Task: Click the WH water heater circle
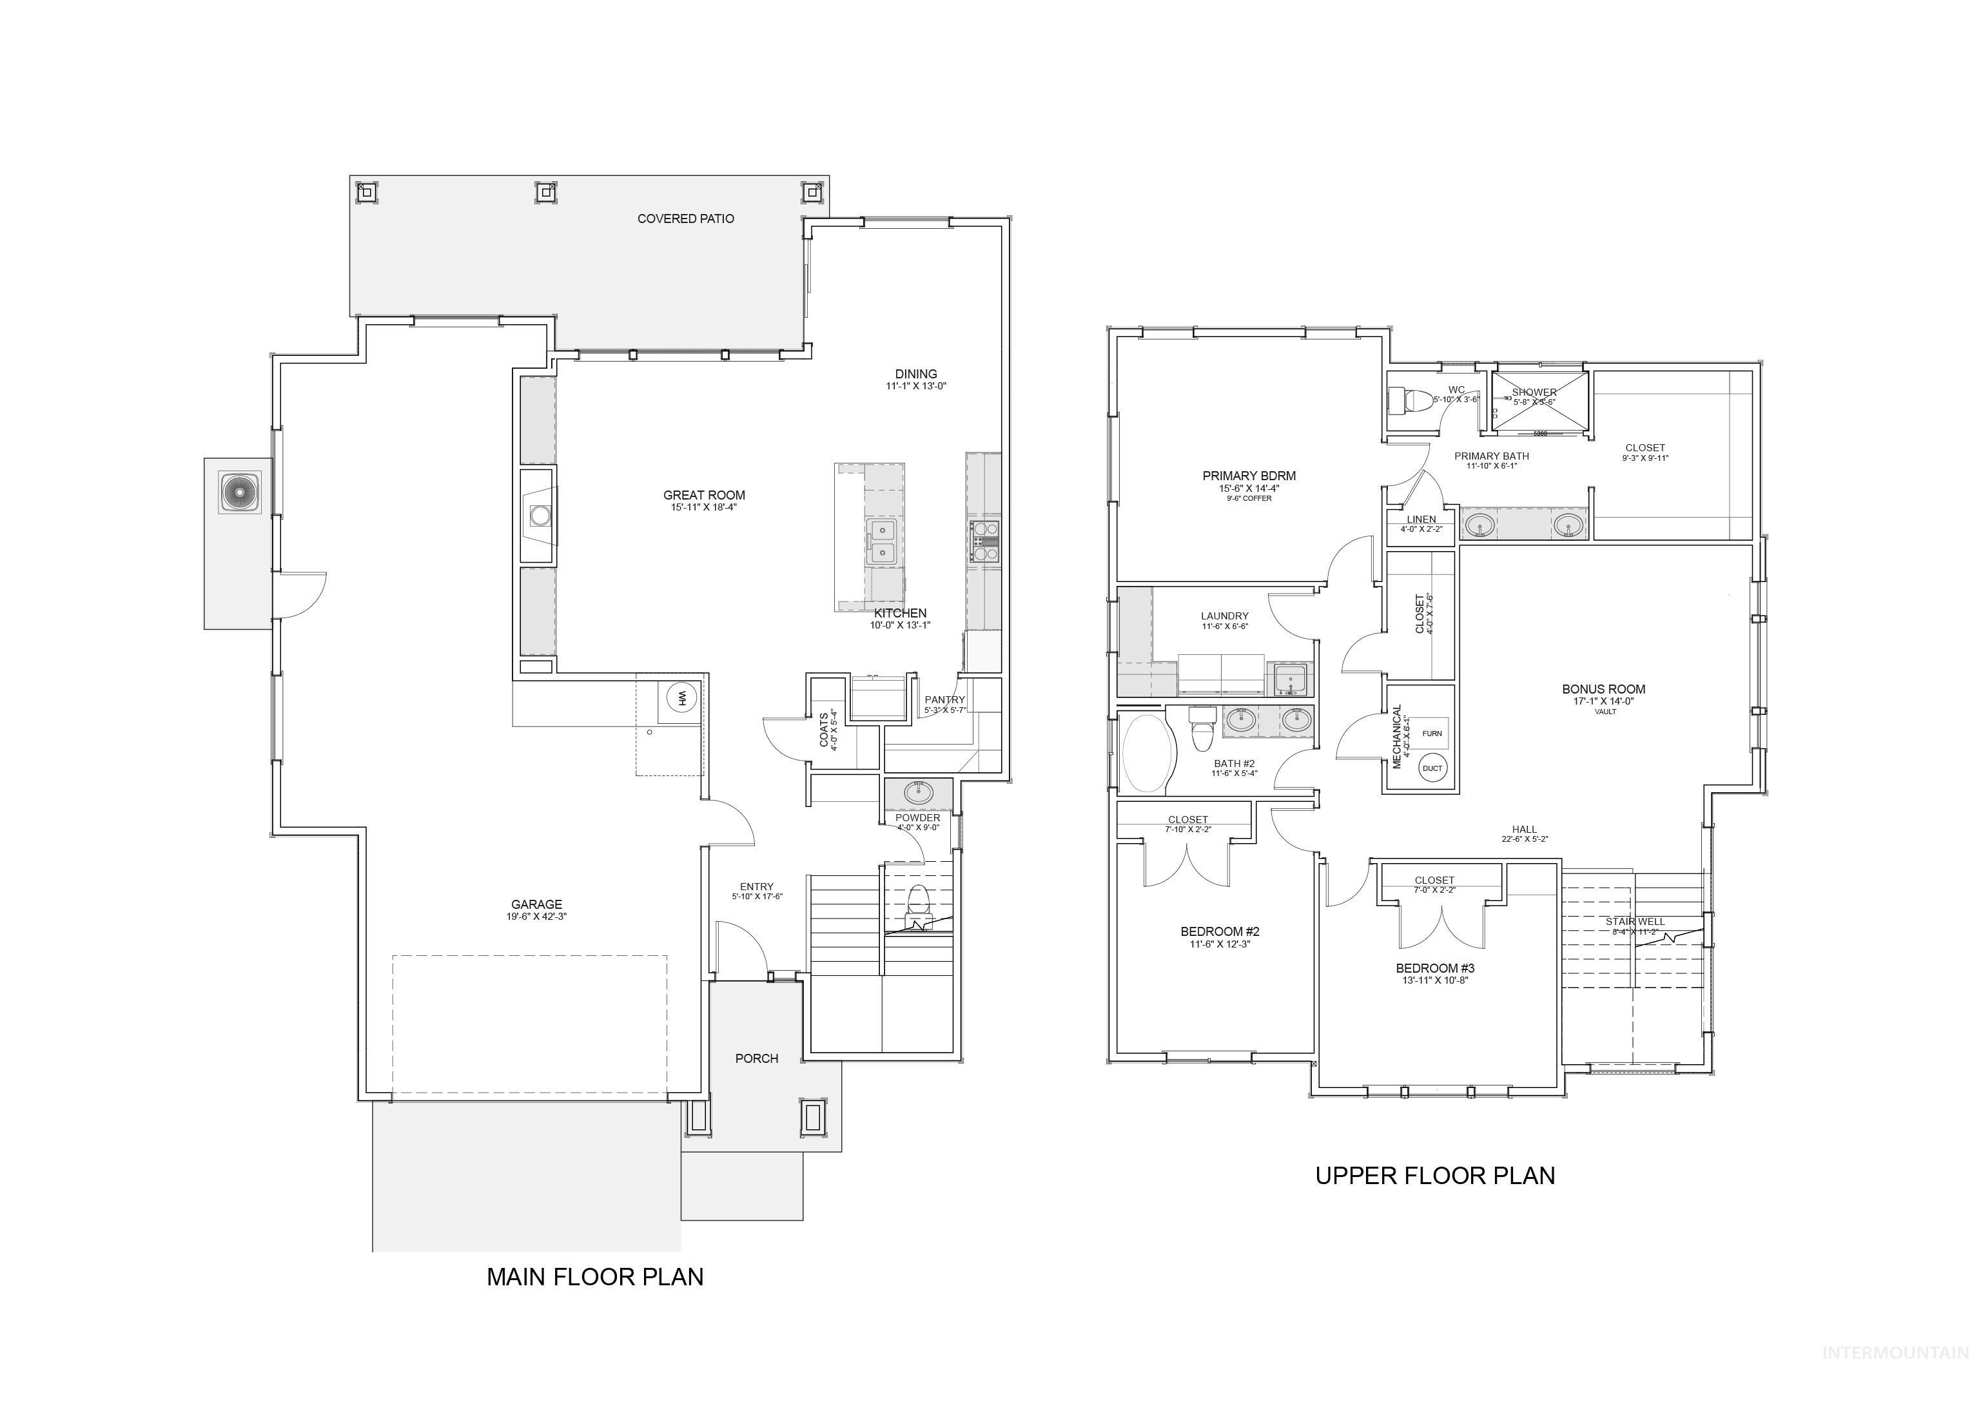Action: click(x=681, y=697)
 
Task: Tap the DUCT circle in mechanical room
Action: click(x=1432, y=768)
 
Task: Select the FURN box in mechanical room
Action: click(x=1431, y=733)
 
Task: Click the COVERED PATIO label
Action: click(x=685, y=219)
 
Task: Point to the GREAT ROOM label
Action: click(x=703, y=496)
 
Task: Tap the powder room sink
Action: click(x=917, y=792)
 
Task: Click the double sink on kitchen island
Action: click(x=883, y=541)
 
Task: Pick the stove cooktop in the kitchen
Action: click(x=984, y=540)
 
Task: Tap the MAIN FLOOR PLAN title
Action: click(x=595, y=1276)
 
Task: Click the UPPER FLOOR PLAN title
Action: click(x=1434, y=1176)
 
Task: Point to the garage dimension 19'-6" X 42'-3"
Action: click(x=536, y=917)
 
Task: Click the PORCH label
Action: click(x=756, y=1058)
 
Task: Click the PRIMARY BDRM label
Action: click(x=1249, y=476)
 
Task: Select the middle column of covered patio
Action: click(x=545, y=191)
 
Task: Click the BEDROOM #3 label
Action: click(x=1434, y=968)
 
